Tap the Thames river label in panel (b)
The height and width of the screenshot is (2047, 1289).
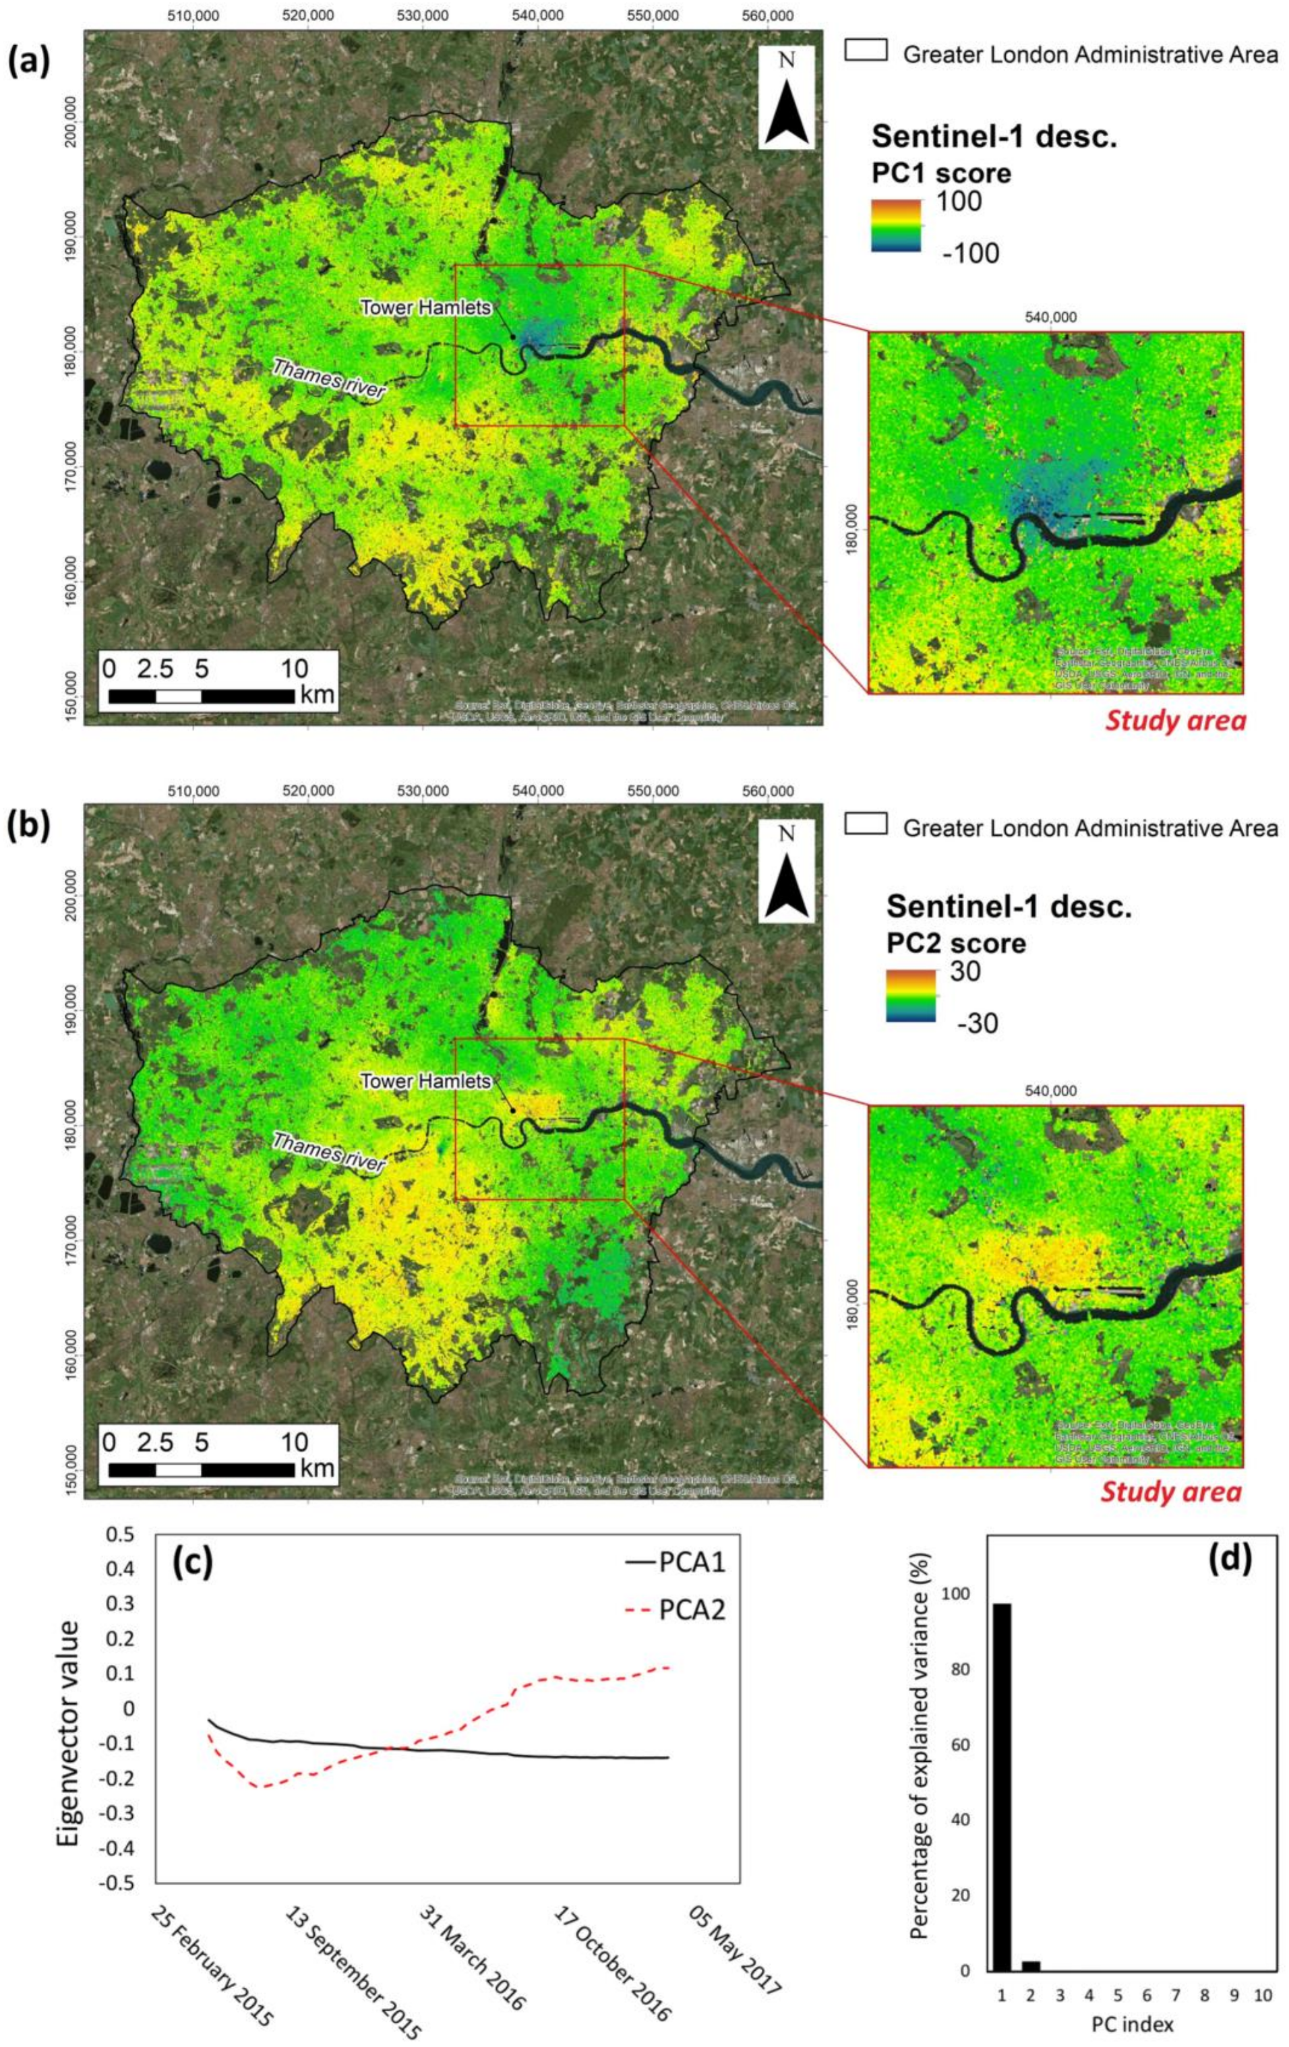click(x=329, y=1155)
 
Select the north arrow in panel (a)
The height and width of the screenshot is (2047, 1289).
click(x=787, y=98)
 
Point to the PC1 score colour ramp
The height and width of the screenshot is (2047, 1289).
click(x=895, y=225)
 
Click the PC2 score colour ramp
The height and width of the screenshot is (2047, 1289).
click(x=911, y=996)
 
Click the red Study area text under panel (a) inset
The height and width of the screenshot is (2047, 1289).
click(x=1175, y=721)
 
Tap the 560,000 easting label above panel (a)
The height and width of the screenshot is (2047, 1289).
click(x=767, y=16)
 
